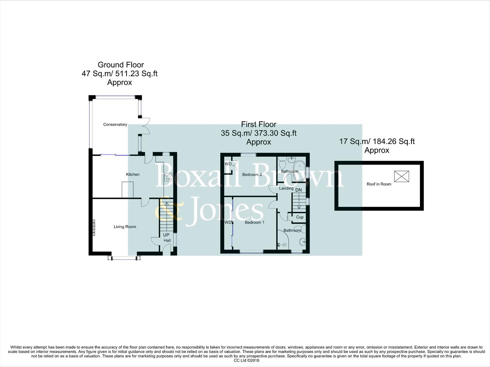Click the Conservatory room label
point(115,125)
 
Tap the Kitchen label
point(133,174)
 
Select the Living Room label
point(125,227)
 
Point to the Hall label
point(167,241)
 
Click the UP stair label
point(166,235)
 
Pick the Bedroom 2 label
point(252,175)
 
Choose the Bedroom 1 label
point(254,223)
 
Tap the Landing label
point(286,188)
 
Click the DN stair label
point(298,190)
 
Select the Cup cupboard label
point(300,217)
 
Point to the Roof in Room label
point(379,184)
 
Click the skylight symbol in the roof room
point(401,176)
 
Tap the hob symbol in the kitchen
point(168,177)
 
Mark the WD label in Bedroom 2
point(228,164)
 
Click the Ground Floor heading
point(121,65)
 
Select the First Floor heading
point(258,124)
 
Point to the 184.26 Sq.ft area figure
point(394,142)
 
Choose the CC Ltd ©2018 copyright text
point(247,361)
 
